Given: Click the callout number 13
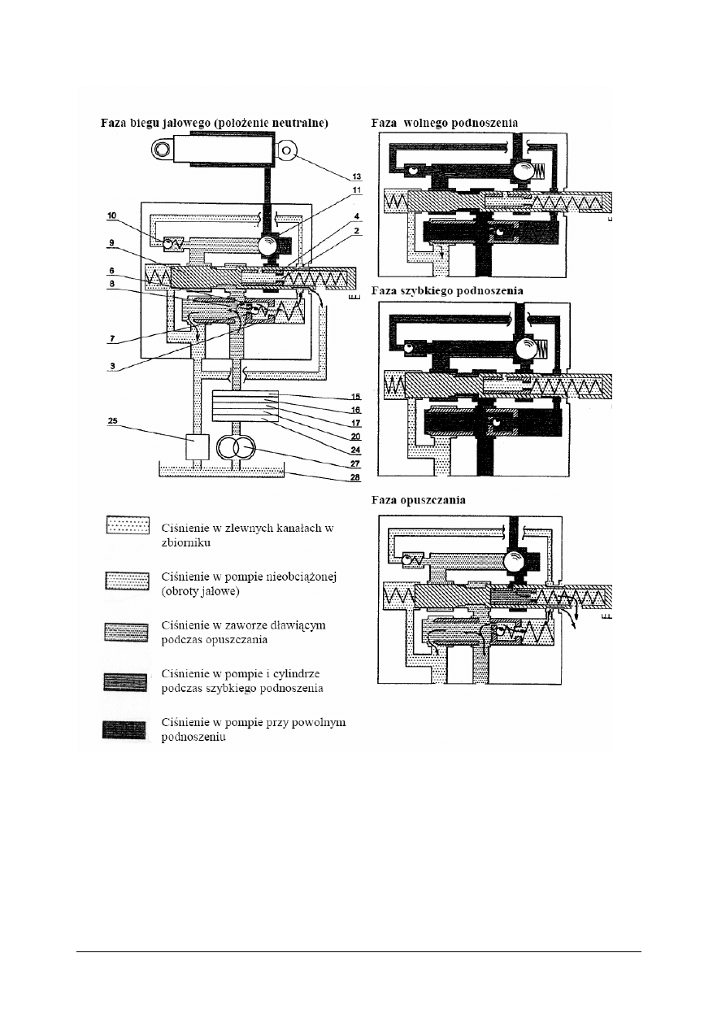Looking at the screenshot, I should (x=356, y=176).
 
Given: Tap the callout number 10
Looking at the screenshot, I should (x=111, y=215).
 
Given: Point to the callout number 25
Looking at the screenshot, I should (x=111, y=420).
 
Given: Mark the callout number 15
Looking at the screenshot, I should (x=355, y=396).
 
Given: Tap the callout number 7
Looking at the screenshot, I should (x=112, y=335).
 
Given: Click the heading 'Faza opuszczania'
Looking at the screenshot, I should (x=418, y=501).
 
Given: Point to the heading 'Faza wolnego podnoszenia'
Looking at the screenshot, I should (x=444, y=123).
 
